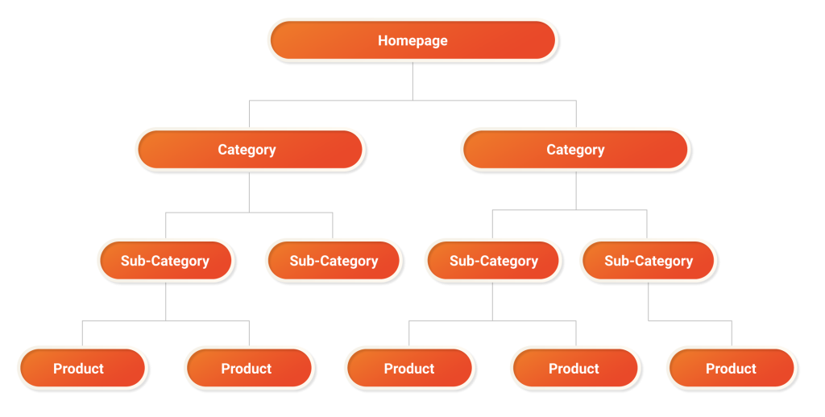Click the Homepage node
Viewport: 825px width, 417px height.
pos(412,40)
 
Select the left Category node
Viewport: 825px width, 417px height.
pos(250,150)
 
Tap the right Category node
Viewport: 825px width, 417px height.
pos(575,150)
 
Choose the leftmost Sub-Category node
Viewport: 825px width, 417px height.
pos(165,261)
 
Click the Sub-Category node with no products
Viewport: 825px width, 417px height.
pos(334,261)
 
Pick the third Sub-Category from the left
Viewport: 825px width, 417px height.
pos(493,261)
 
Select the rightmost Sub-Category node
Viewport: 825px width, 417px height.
pos(648,261)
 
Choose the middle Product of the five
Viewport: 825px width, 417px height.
pos(409,369)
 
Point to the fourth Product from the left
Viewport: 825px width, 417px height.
pos(575,369)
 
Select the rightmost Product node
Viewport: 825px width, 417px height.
pos(732,369)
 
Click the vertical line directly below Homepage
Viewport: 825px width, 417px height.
pos(412,81)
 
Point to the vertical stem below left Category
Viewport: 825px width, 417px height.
pos(249,192)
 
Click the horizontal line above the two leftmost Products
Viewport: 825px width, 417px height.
pos(165,320)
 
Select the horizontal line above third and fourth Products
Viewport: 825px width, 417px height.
pos(493,320)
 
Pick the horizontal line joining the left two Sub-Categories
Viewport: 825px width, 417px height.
pos(249,213)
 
